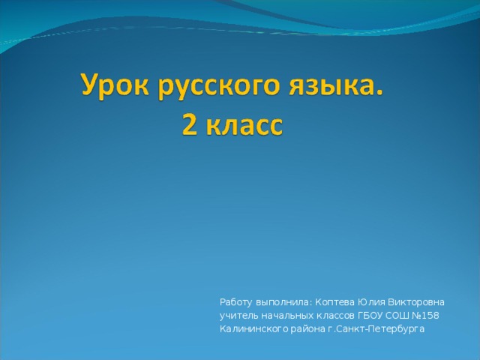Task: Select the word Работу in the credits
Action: [x=236, y=302]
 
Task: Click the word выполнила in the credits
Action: [x=282, y=302]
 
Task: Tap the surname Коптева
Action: [x=335, y=302]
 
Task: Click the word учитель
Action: [x=238, y=316]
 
